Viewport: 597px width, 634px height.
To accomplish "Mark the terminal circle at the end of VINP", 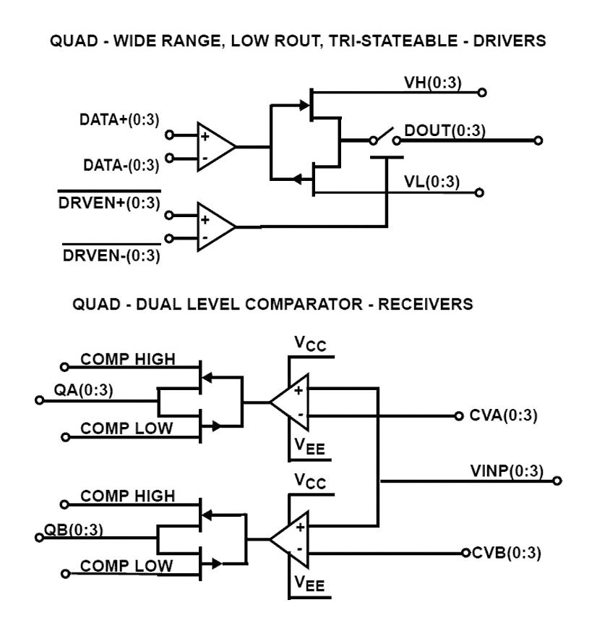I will [557, 480].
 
